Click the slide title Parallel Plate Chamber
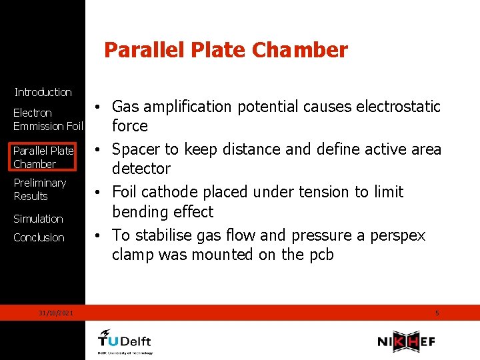pyautogui.click(x=226, y=50)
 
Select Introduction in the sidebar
pyautogui.click(x=43, y=92)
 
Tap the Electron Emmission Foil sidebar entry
pyautogui.click(x=47, y=119)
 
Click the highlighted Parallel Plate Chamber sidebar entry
pyautogui.click(x=43, y=157)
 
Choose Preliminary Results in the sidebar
pyautogui.click(x=39, y=189)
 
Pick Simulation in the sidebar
pyautogui.click(x=38, y=219)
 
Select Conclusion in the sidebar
pyautogui.click(x=39, y=237)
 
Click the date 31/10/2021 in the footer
pyautogui.click(x=56, y=313)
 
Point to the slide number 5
pyautogui.click(x=437, y=313)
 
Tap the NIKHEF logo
pyautogui.click(x=406, y=341)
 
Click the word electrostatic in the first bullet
pyautogui.click(x=400, y=107)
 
